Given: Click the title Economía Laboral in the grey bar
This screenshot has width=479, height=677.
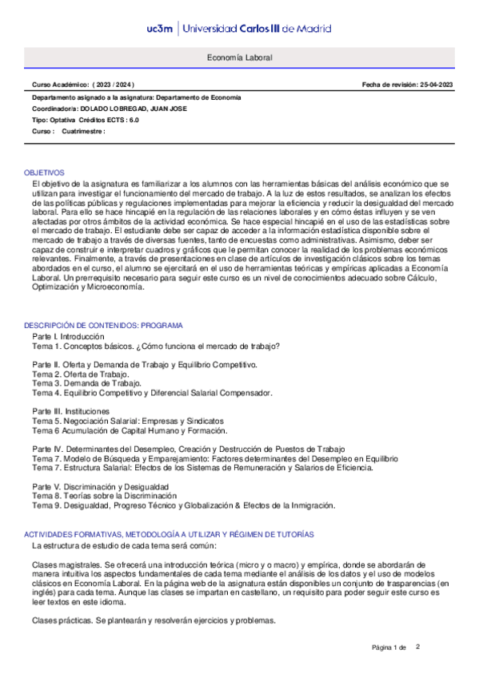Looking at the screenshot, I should (239, 59).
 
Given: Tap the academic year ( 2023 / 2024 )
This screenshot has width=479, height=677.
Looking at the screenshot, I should (113, 85).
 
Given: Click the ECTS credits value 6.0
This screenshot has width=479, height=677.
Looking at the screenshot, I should (132, 120).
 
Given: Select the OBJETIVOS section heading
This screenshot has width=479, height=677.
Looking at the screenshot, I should (44, 172).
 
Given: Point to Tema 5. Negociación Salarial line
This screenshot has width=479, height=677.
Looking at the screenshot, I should (127, 421).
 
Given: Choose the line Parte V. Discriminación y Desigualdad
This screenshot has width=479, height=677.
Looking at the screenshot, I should (100, 486).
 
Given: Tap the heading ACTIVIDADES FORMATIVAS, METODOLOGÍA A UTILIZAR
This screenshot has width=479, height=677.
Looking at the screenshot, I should (168, 533).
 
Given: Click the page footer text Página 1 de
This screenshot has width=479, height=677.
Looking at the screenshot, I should (389, 647).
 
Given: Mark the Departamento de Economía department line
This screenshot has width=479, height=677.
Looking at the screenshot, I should (136, 97).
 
